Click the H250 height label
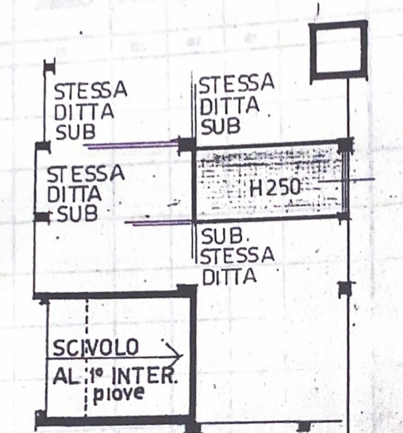click(x=274, y=188)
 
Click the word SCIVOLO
click(x=96, y=347)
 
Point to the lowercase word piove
click(x=118, y=393)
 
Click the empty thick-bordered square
click(x=339, y=50)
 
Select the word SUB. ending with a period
click(x=225, y=237)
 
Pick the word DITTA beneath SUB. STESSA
click(x=230, y=276)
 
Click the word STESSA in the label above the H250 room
click(x=237, y=83)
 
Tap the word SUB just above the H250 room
click(x=220, y=126)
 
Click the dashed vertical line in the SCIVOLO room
click(x=86, y=358)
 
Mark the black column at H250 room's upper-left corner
click(x=187, y=145)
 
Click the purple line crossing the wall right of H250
click(x=347, y=181)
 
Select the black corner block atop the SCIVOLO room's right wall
click(x=187, y=291)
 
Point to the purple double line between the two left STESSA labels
click(x=131, y=145)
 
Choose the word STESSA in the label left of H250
click(x=85, y=173)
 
